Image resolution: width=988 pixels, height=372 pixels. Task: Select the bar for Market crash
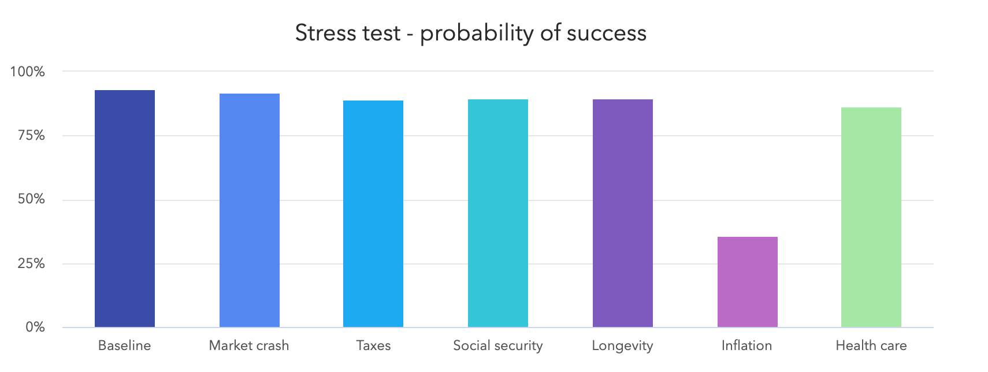[249, 211]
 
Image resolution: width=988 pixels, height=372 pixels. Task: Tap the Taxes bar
[373, 214]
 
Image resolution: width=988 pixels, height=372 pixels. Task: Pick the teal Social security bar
[497, 214]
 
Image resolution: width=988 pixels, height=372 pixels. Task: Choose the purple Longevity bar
[622, 214]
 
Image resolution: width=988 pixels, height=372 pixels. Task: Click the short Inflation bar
[747, 282]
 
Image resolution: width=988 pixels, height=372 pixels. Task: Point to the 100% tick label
[27, 72]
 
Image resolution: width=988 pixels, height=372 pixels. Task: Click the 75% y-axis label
[31, 136]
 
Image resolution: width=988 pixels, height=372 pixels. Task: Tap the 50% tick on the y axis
[31, 200]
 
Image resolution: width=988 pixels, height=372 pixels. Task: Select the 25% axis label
[31, 264]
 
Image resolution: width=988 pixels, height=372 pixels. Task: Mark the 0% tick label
[34, 328]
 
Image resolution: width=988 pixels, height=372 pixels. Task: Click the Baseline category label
[124, 346]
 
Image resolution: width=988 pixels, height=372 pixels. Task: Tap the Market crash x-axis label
[248, 346]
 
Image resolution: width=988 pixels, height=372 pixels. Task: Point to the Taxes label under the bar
[373, 346]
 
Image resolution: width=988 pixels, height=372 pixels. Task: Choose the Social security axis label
[497, 346]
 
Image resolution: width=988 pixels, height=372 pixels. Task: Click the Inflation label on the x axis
[746, 346]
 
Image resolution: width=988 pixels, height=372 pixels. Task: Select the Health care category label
[871, 346]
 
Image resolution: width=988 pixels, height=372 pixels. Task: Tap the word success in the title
[606, 33]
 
